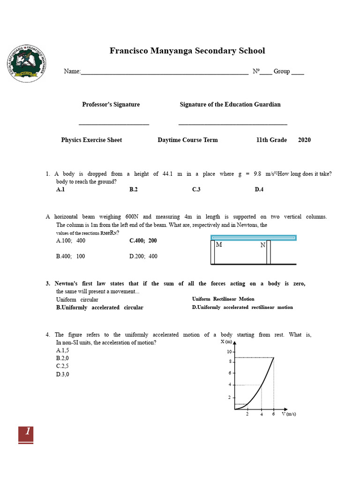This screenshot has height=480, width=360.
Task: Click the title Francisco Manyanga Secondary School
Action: click(x=187, y=51)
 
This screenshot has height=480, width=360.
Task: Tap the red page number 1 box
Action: click(x=26, y=434)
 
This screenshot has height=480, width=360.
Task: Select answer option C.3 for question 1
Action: click(x=196, y=189)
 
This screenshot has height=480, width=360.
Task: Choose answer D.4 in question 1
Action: click(x=259, y=189)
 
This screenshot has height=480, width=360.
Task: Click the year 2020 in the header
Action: click(x=304, y=140)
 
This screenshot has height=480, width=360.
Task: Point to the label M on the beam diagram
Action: click(x=219, y=245)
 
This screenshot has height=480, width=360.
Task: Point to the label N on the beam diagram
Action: click(x=262, y=245)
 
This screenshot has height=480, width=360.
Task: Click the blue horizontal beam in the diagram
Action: click(x=254, y=238)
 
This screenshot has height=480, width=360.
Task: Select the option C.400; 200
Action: click(x=143, y=240)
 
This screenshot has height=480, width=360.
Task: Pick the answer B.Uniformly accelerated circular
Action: click(x=99, y=307)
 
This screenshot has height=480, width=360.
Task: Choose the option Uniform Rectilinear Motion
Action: click(x=223, y=299)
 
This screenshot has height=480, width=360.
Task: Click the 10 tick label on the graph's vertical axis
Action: click(x=229, y=352)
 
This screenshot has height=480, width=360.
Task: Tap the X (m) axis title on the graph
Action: click(x=226, y=342)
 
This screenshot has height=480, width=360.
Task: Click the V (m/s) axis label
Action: click(x=289, y=414)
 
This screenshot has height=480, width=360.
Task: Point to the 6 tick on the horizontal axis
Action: click(x=274, y=414)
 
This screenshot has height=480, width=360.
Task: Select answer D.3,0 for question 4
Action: click(x=63, y=374)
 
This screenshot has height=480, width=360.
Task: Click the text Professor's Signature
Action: click(x=111, y=105)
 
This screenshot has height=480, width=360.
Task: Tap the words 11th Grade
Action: click(x=271, y=140)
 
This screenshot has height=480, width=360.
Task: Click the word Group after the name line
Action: click(x=282, y=71)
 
